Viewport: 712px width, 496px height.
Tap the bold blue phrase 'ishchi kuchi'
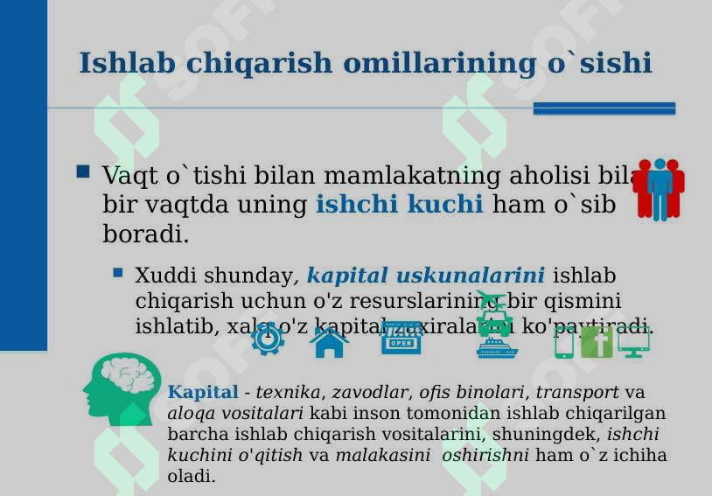(399, 205)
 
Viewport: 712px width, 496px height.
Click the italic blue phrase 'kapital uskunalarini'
(425, 276)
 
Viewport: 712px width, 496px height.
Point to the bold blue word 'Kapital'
(202, 393)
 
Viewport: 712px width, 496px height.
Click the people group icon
(658, 188)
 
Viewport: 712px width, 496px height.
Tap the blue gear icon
(267, 339)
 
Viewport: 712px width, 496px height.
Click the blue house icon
(329, 341)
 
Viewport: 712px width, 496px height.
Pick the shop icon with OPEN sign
(401, 339)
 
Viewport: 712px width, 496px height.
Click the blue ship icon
(497, 348)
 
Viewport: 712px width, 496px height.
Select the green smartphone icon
(564, 342)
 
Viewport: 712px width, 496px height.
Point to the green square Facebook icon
(597, 342)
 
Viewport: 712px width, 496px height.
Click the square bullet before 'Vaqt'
(83, 172)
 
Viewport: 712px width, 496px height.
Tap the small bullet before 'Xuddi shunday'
(118, 273)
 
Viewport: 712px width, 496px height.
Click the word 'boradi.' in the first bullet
(145, 234)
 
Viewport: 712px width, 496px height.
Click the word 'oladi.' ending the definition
(191, 477)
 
